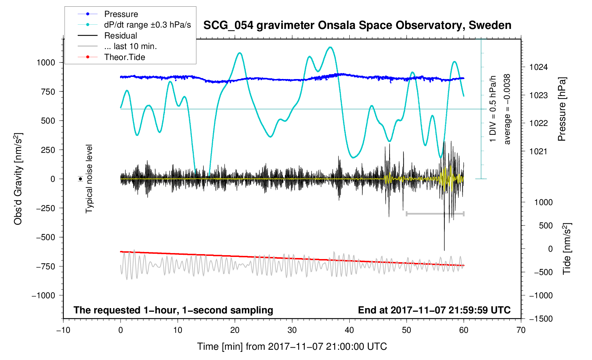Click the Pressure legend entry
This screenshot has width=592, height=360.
pyautogui.click(x=121, y=14)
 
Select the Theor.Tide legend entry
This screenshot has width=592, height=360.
pyautogui.click(x=124, y=57)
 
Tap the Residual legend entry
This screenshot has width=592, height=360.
pyautogui.click(x=120, y=36)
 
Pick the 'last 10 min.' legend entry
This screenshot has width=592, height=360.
pyautogui.click(x=130, y=46)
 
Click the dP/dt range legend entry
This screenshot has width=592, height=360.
pyautogui.click(x=147, y=25)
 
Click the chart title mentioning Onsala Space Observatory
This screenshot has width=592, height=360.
pyautogui.click(x=357, y=25)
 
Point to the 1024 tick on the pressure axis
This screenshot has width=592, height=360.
pyautogui.click(x=538, y=67)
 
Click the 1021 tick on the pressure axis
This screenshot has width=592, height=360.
pyautogui.click(x=538, y=151)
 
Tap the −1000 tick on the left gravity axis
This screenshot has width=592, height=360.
pyautogui.click(x=43, y=295)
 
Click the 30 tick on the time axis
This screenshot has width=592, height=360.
pyautogui.click(x=292, y=330)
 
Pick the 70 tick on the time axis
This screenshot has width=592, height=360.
pyautogui.click(x=521, y=330)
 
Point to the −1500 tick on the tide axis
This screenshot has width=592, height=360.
pyautogui.click(x=541, y=319)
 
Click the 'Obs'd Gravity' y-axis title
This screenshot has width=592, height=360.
pyautogui.click(x=18, y=179)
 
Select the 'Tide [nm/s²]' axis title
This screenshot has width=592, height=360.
pyautogui.click(x=567, y=248)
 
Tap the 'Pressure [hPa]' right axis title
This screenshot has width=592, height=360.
pyautogui.click(x=562, y=109)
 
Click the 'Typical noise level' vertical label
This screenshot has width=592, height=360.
pyautogui.click(x=89, y=179)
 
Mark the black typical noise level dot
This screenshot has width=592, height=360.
pyautogui.click(x=81, y=179)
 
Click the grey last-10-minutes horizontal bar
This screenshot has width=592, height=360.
pyautogui.click(x=435, y=214)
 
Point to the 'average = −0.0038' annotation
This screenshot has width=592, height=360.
pyautogui.click(x=507, y=109)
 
